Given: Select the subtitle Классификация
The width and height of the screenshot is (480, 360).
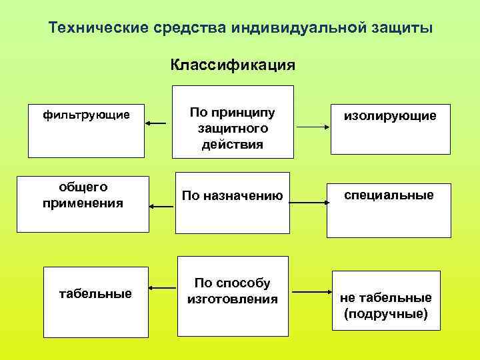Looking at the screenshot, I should [233, 65].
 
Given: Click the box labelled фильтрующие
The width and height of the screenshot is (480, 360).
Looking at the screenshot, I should [86, 130].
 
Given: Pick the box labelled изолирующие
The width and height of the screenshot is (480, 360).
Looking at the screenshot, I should [390, 130].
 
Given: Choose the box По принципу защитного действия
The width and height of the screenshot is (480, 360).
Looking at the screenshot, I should [233, 122].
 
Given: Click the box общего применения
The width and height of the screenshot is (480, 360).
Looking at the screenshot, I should [83, 204].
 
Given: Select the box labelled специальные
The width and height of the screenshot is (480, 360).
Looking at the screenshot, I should [388, 210].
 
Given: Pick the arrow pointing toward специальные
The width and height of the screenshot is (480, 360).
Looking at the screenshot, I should [309, 200].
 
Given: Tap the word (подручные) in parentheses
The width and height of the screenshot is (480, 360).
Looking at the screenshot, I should [386, 312].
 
